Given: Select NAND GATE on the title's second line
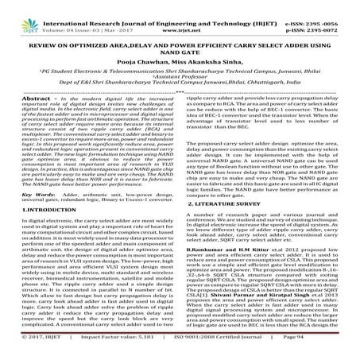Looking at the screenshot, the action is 180,46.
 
